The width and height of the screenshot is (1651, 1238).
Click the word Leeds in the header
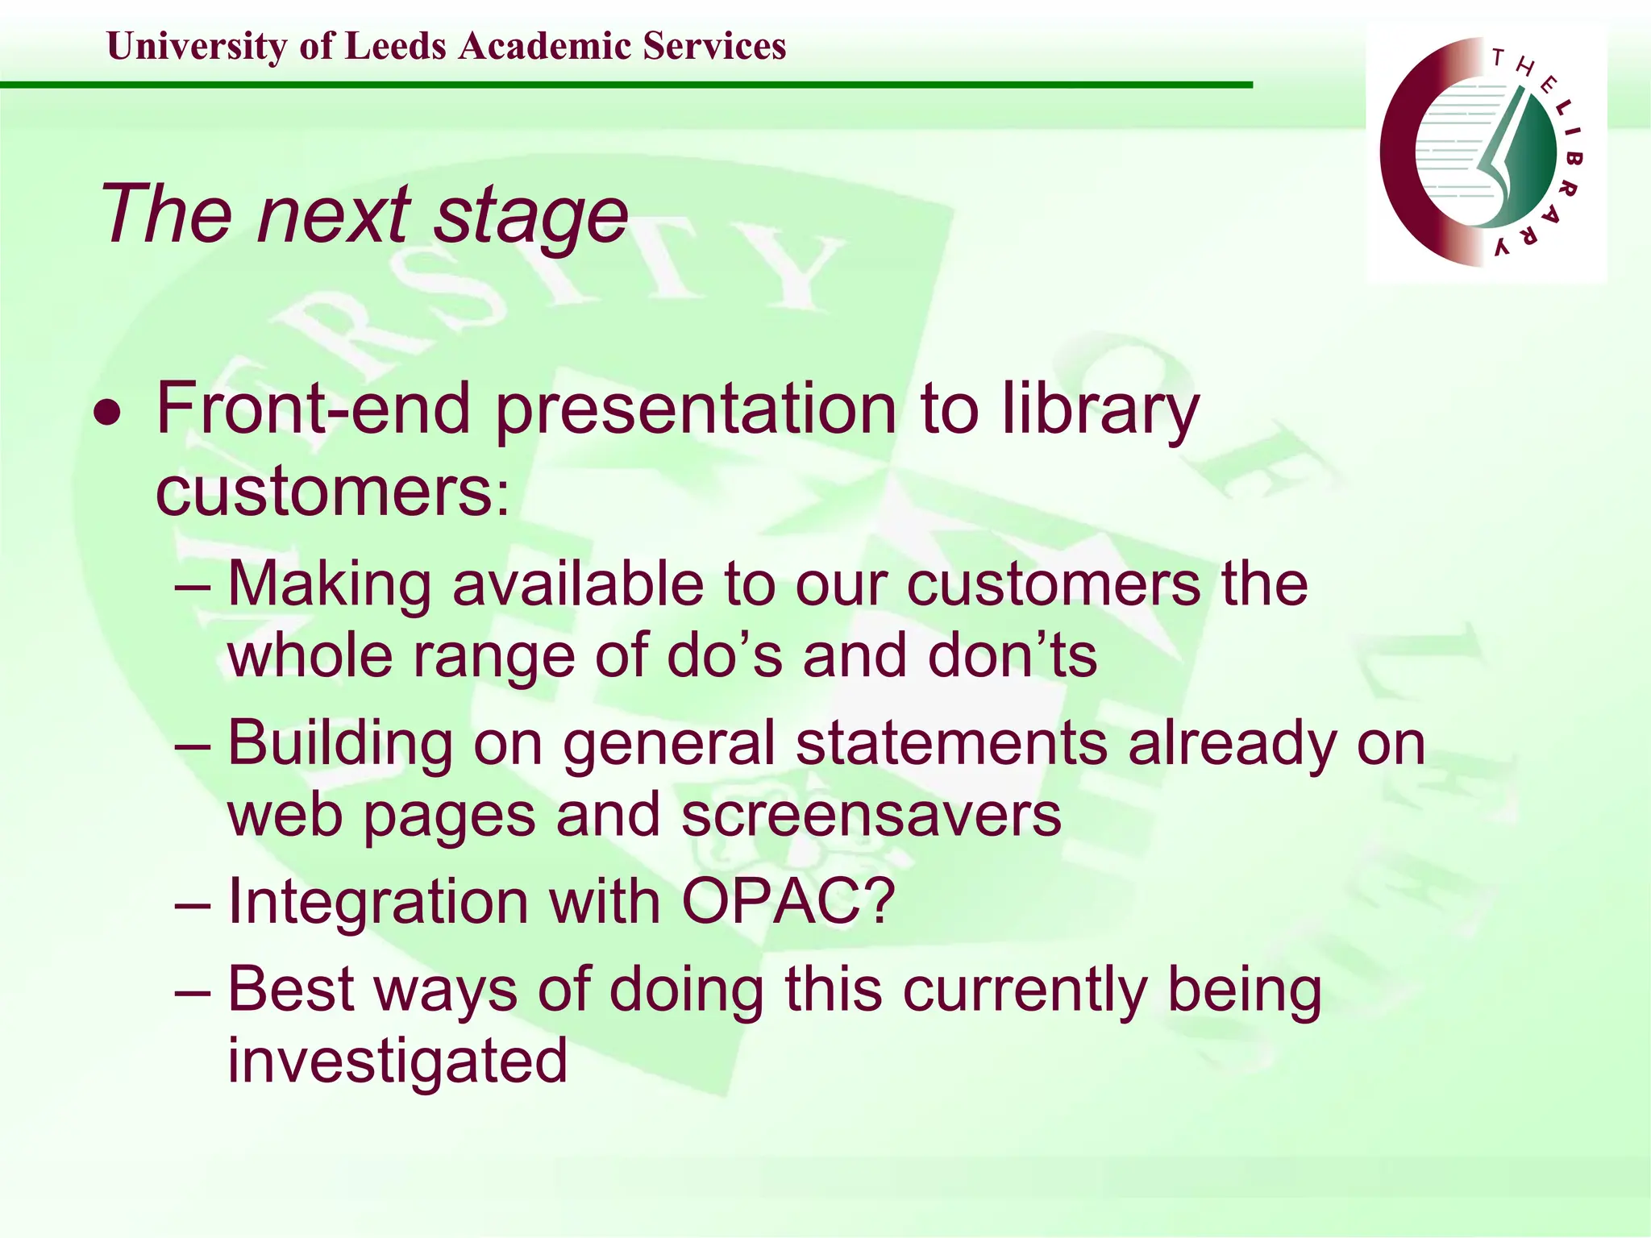click(395, 46)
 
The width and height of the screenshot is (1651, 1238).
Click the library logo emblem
click(1483, 152)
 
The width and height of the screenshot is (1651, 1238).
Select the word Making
click(330, 584)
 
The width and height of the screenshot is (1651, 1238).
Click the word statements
click(951, 742)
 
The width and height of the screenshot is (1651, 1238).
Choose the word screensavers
click(871, 815)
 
